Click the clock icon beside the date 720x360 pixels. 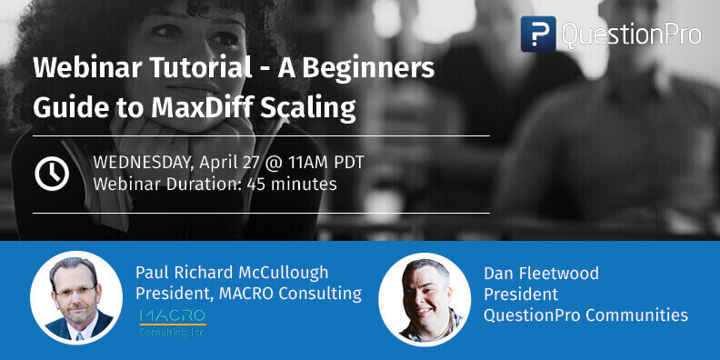(52, 174)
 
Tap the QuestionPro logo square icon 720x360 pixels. (537, 34)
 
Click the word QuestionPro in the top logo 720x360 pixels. (631, 34)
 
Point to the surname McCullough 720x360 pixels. (282, 273)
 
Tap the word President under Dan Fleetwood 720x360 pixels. (520, 295)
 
